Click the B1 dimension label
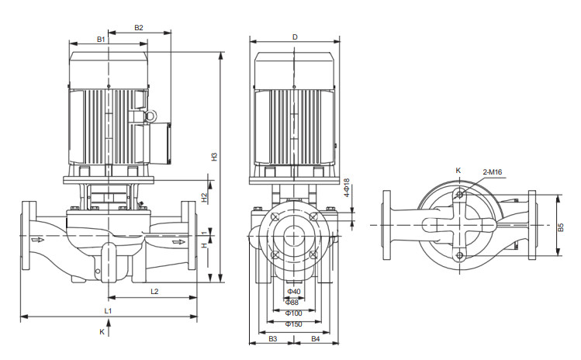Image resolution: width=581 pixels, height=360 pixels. pyautogui.click(x=101, y=39)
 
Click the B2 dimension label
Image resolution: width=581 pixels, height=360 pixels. pyautogui.click(x=139, y=27)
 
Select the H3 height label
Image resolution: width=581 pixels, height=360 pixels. pyautogui.click(x=214, y=157)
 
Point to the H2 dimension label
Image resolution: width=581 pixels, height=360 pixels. pyautogui.click(x=204, y=198)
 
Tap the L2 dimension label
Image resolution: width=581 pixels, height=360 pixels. pyautogui.click(x=154, y=292)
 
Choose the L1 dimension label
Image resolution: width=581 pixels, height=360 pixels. pyautogui.click(x=108, y=310)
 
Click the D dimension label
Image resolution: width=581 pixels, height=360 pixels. pyautogui.click(x=295, y=37)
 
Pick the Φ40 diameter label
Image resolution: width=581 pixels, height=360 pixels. pyautogui.click(x=294, y=292)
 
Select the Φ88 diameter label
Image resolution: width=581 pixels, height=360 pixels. pyautogui.click(x=292, y=302)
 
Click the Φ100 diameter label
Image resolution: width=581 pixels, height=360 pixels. pyautogui.click(x=293, y=313)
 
